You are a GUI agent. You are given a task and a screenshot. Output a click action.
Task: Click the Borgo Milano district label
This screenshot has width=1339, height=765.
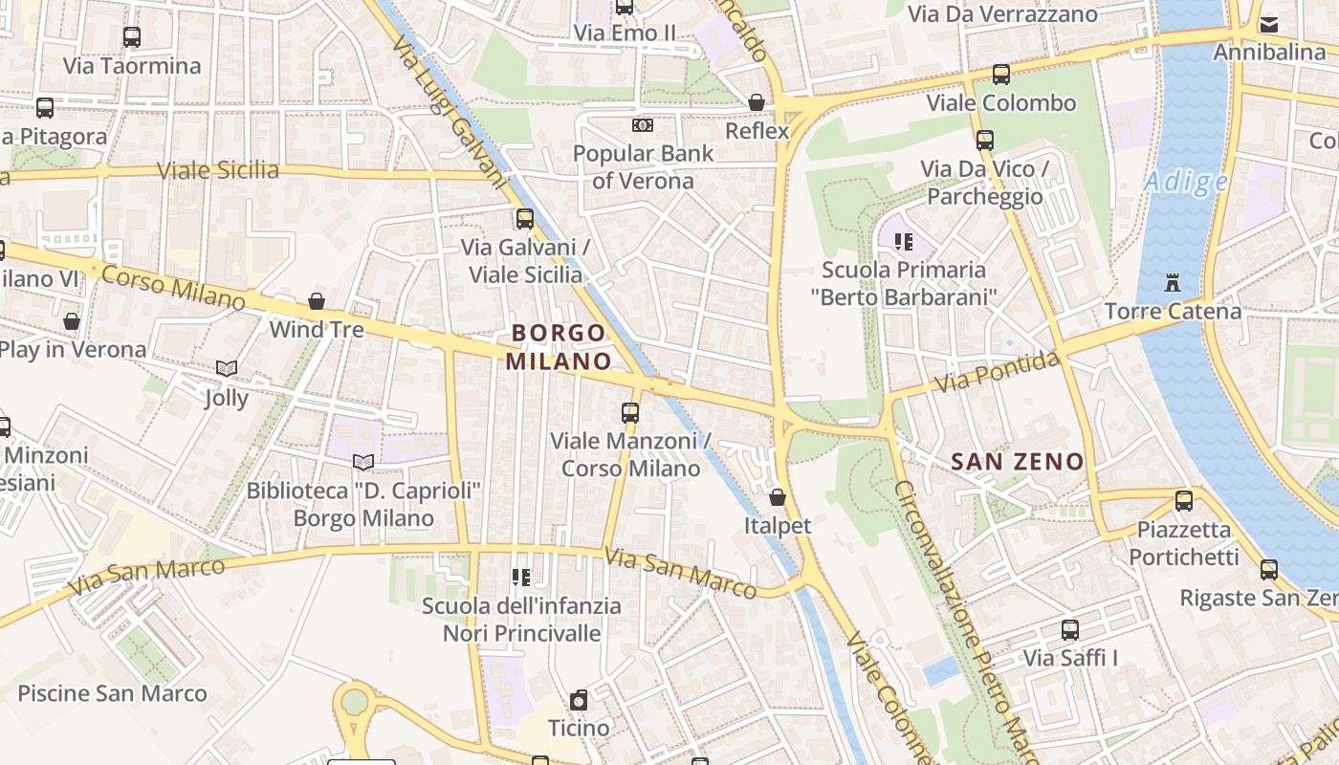point(559,347)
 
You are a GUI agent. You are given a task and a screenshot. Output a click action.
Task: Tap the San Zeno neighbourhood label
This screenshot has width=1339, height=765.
point(1018,462)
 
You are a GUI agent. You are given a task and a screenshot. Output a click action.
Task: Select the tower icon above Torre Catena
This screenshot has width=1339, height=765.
point(1173,282)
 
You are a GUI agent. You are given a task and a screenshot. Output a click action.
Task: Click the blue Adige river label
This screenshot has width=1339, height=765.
point(1186,181)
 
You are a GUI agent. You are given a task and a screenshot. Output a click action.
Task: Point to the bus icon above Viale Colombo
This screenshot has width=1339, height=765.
point(1001,74)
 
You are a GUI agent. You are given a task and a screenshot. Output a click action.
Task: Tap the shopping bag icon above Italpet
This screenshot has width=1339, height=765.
point(778,497)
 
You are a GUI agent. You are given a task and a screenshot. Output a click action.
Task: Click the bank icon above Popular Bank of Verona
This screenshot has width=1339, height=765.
point(643,125)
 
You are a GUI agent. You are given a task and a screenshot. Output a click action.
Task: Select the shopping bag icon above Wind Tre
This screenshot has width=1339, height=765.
point(317,301)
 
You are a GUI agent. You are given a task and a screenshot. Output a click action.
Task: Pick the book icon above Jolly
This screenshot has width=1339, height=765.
point(227,368)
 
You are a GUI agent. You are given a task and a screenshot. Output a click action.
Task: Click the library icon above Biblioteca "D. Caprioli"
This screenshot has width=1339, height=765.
point(363,462)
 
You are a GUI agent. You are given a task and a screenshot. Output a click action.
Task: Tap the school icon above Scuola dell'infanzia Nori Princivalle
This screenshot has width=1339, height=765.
point(521,577)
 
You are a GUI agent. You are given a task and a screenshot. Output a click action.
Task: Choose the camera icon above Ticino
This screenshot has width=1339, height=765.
point(579,699)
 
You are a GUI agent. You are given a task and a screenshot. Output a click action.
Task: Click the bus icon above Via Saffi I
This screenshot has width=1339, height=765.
point(1070,630)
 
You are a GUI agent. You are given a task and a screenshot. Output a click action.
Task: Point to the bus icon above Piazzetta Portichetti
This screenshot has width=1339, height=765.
point(1183,500)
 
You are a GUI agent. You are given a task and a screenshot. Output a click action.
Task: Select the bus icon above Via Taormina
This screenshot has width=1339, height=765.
point(132,37)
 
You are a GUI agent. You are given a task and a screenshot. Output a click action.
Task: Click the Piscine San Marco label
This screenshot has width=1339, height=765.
point(112,693)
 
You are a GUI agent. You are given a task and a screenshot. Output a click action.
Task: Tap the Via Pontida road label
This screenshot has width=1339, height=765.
point(998,372)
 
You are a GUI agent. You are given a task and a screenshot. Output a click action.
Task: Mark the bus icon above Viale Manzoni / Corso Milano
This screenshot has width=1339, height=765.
point(630,413)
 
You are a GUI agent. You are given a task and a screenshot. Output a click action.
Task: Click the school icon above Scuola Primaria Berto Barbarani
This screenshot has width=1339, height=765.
point(904,241)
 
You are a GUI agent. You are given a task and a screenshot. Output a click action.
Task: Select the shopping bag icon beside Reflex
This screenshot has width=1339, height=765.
point(757,102)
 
